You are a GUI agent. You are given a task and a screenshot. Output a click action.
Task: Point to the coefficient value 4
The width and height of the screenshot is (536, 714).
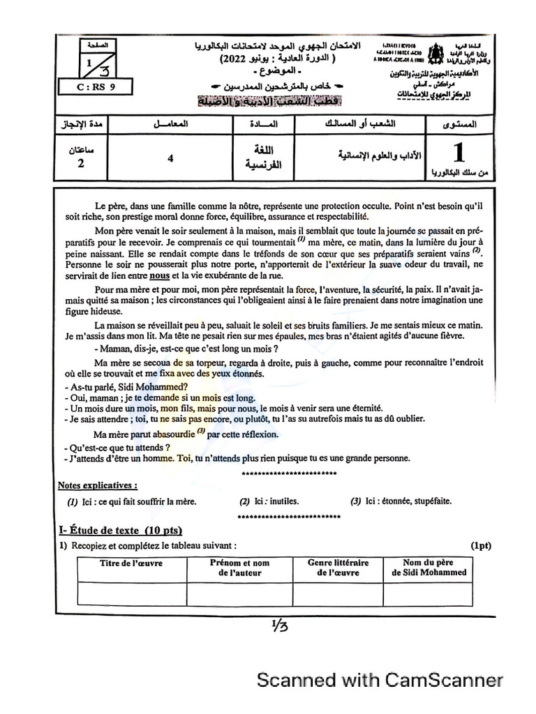click(170, 158)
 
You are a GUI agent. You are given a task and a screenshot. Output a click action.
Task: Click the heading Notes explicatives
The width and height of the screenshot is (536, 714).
click(97, 485)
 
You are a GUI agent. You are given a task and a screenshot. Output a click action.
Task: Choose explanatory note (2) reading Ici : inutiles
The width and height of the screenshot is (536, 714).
click(269, 501)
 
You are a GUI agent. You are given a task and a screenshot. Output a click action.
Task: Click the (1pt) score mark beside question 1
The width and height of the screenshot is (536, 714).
click(480, 545)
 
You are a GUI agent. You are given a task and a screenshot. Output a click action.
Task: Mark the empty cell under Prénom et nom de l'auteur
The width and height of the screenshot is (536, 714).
click(239, 593)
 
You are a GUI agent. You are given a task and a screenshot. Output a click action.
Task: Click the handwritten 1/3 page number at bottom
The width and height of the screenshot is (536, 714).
click(276, 625)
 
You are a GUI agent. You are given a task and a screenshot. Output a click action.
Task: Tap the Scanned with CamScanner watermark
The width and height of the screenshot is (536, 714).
click(380, 680)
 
